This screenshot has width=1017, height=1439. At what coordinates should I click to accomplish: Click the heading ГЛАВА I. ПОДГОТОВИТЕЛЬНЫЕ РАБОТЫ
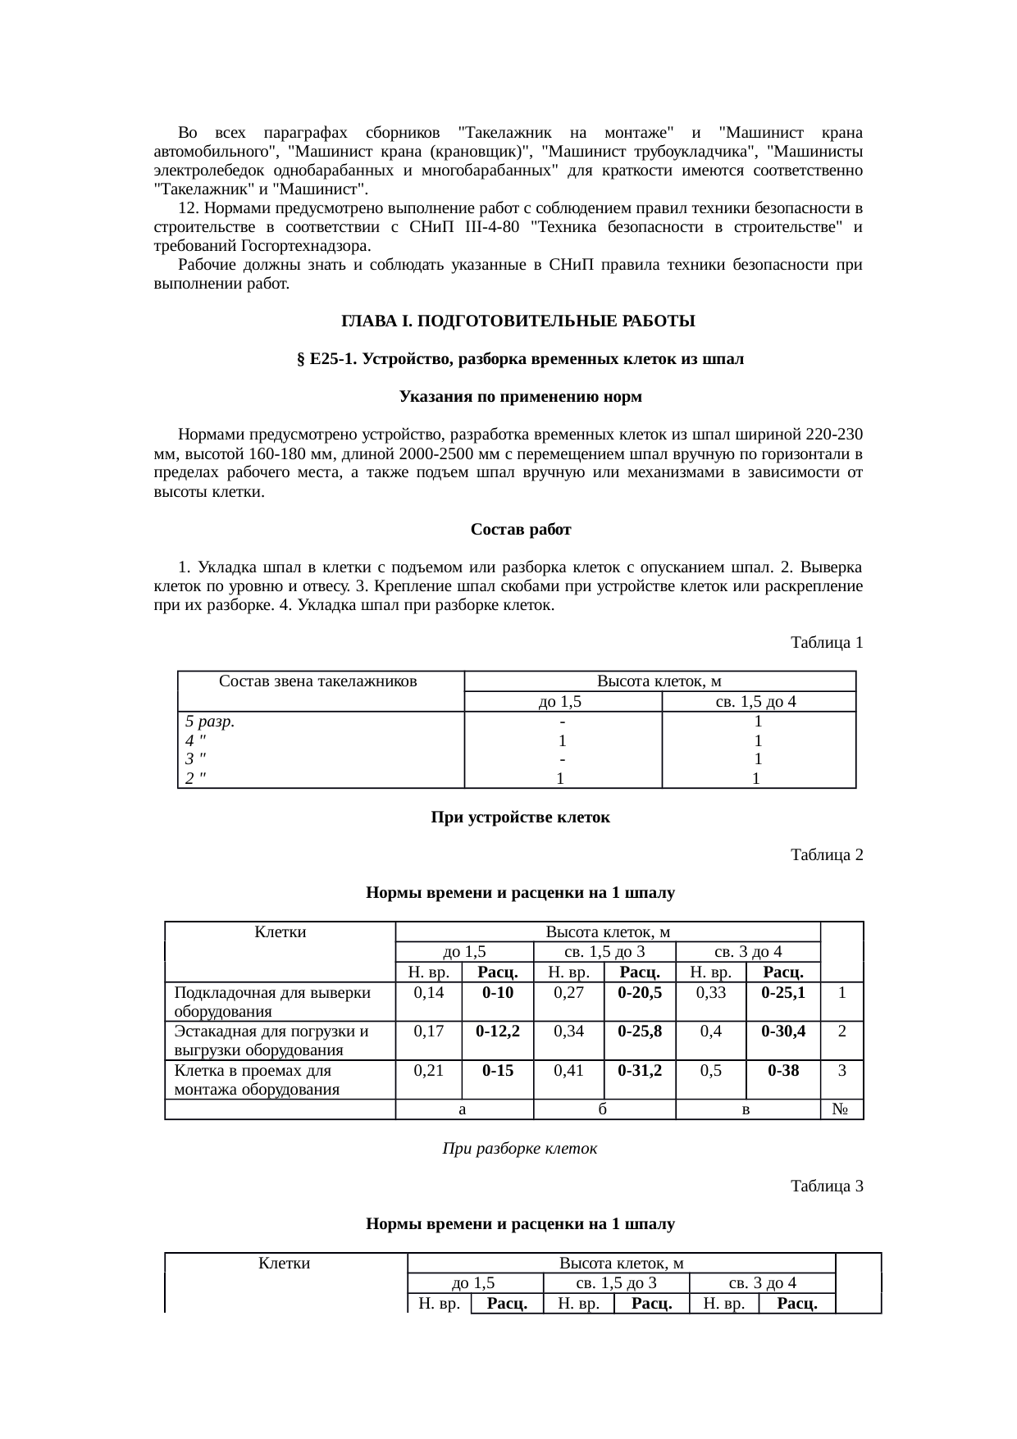coord(518,321)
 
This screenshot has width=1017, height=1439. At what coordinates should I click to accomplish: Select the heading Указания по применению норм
coord(520,397)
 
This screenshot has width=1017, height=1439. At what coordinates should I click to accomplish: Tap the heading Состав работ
coord(521,530)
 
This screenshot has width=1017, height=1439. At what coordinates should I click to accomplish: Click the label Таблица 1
coord(826,643)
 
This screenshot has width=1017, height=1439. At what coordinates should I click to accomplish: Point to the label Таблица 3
coord(826,1186)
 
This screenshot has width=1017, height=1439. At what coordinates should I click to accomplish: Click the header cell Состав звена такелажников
coord(319,681)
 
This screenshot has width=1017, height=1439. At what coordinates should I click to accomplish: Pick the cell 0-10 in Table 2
coord(498,993)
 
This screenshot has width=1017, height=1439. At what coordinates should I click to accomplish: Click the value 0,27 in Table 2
coord(568,993)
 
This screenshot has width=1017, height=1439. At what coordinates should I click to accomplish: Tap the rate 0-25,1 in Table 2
coord(782,993)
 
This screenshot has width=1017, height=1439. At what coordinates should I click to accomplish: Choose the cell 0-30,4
coord(782,1031)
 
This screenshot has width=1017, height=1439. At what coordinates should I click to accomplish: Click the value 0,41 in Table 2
coord(568,1071)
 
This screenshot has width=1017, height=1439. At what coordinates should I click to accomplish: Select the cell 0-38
coord(782,1071)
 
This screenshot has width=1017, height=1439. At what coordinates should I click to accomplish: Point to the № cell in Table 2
coord(841,1109)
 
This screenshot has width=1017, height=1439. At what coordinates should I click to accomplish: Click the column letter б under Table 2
coord(604,1109)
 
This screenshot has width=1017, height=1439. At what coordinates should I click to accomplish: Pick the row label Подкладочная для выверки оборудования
coord(272,1002)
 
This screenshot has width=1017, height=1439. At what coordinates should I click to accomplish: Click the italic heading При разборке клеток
coord(520,1149)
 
